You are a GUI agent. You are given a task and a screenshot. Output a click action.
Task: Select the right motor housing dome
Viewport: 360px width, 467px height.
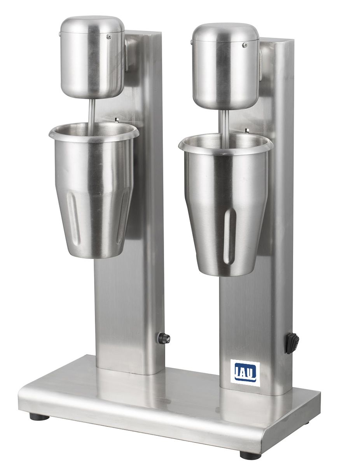[x=226, y=64]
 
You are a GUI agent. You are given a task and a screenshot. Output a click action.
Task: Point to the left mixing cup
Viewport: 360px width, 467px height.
[x=93, y=195]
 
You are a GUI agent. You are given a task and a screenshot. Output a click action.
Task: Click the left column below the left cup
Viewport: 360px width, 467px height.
[x=117, y=311]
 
